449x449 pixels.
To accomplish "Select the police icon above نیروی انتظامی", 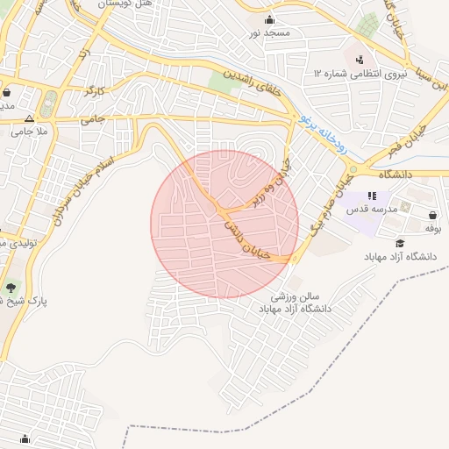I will (x=359, y=60).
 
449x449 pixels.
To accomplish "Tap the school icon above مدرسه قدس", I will (x=372, y=196).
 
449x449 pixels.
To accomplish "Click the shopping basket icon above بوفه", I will (x=433, y=215).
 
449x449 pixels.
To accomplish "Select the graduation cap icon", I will (x=400, y=243).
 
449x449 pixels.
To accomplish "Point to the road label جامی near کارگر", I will (x=93, y=118).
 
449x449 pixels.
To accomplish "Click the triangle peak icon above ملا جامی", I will (x=30, y=117).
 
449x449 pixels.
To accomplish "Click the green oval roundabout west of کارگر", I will (x=49, y=102).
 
